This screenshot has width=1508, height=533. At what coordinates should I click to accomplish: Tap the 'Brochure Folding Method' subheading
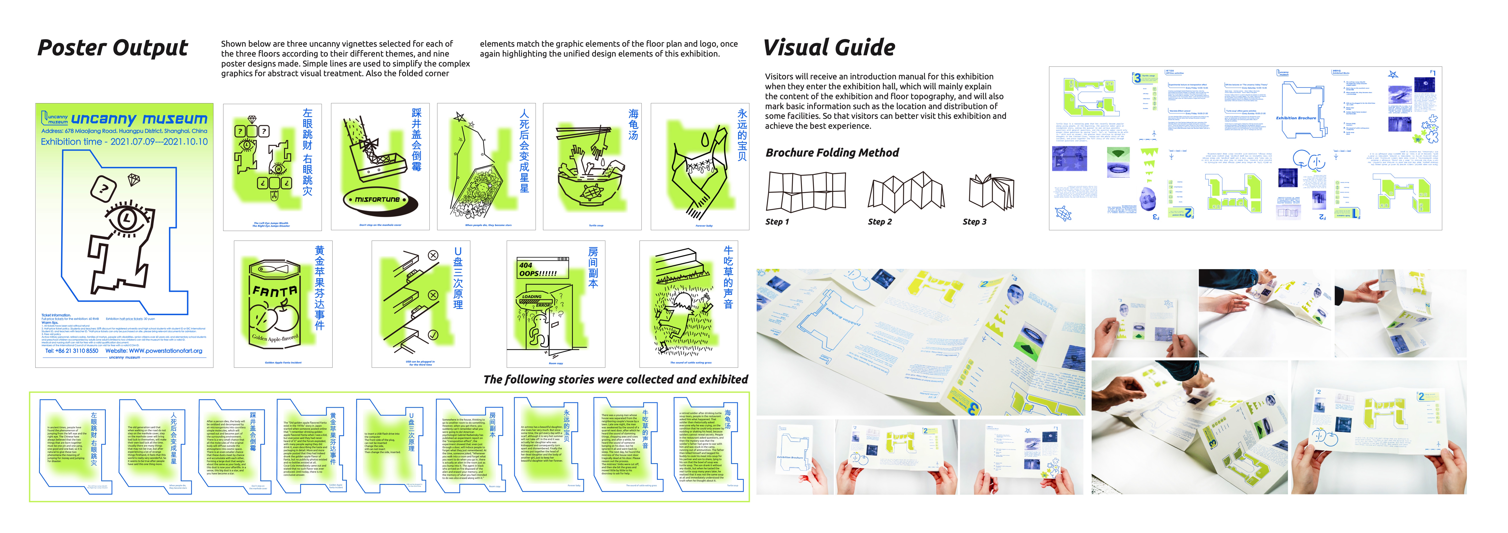pos(832,153)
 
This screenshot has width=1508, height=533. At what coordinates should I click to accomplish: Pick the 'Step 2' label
pos(879,222)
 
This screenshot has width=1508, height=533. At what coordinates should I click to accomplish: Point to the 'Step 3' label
pos(974,222)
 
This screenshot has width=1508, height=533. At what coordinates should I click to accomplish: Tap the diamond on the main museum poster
pos(134,179)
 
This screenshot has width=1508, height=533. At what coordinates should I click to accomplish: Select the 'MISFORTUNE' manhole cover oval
pos(378,200)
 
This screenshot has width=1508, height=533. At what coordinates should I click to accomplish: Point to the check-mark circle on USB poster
pos(433,335)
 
